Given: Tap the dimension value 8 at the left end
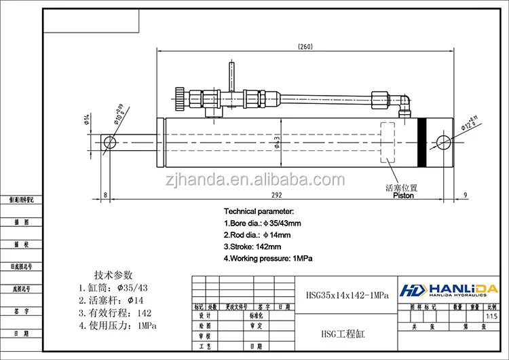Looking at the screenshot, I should click(x=105, y=196).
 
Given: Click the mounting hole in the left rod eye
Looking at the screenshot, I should click(x=111, y=142).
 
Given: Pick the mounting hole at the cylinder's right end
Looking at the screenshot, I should click(x=444, y=142).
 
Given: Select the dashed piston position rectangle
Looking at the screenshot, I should click(x=389, y=143).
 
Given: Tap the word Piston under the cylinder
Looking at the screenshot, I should click(x=403, y=196).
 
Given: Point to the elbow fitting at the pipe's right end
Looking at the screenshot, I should click(x=403, y=103).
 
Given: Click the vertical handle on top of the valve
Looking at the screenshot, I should click(x=231, y=73).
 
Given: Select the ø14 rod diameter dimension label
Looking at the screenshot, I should click(x=87, y=120).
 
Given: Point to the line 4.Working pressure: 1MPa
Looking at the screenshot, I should click(x=267, y=259).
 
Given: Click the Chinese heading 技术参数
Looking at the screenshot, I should click(x=114, y=274).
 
